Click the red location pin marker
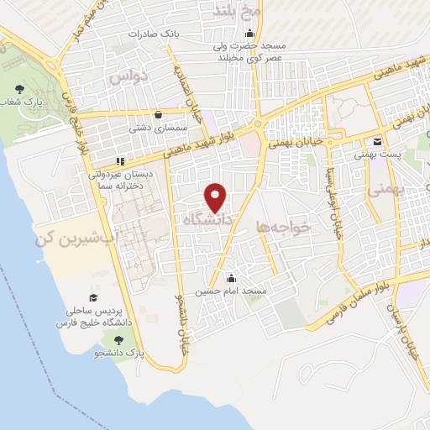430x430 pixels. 215,197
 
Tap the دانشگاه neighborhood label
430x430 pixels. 207,219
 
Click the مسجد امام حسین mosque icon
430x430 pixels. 232,279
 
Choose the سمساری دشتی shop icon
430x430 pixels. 159,116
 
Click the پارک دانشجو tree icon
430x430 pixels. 118,339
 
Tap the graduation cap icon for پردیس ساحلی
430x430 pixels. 94,298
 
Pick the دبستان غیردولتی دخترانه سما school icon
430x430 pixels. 121,161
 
